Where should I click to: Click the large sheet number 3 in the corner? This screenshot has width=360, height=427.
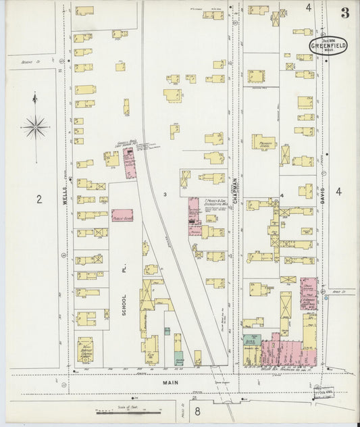[x=345, y=12]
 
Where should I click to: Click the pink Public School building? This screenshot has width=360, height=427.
[x=122, y=216]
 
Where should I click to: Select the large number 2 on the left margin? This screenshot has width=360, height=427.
[x=39, y=199]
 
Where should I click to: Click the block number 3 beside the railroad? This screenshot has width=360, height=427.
[x=164, y=195]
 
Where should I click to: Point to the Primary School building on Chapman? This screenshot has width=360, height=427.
[x=264, y=142]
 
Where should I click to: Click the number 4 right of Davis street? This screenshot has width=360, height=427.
[x=338, y=192]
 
